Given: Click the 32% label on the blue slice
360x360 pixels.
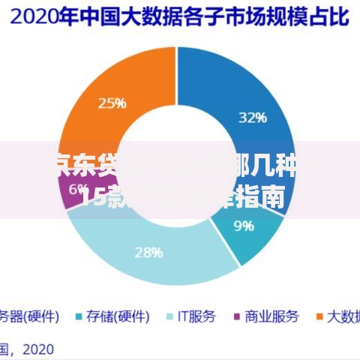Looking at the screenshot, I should pos(252,117).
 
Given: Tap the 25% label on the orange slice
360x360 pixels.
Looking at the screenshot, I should pos(112,103).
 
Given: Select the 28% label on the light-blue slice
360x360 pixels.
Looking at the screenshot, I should pos(148,252).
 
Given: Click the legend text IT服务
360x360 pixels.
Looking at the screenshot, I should pos(196,316).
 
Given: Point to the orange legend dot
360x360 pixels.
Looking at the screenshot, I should pos(318,316).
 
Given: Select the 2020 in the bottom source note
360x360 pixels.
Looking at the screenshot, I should pos(38,348).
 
